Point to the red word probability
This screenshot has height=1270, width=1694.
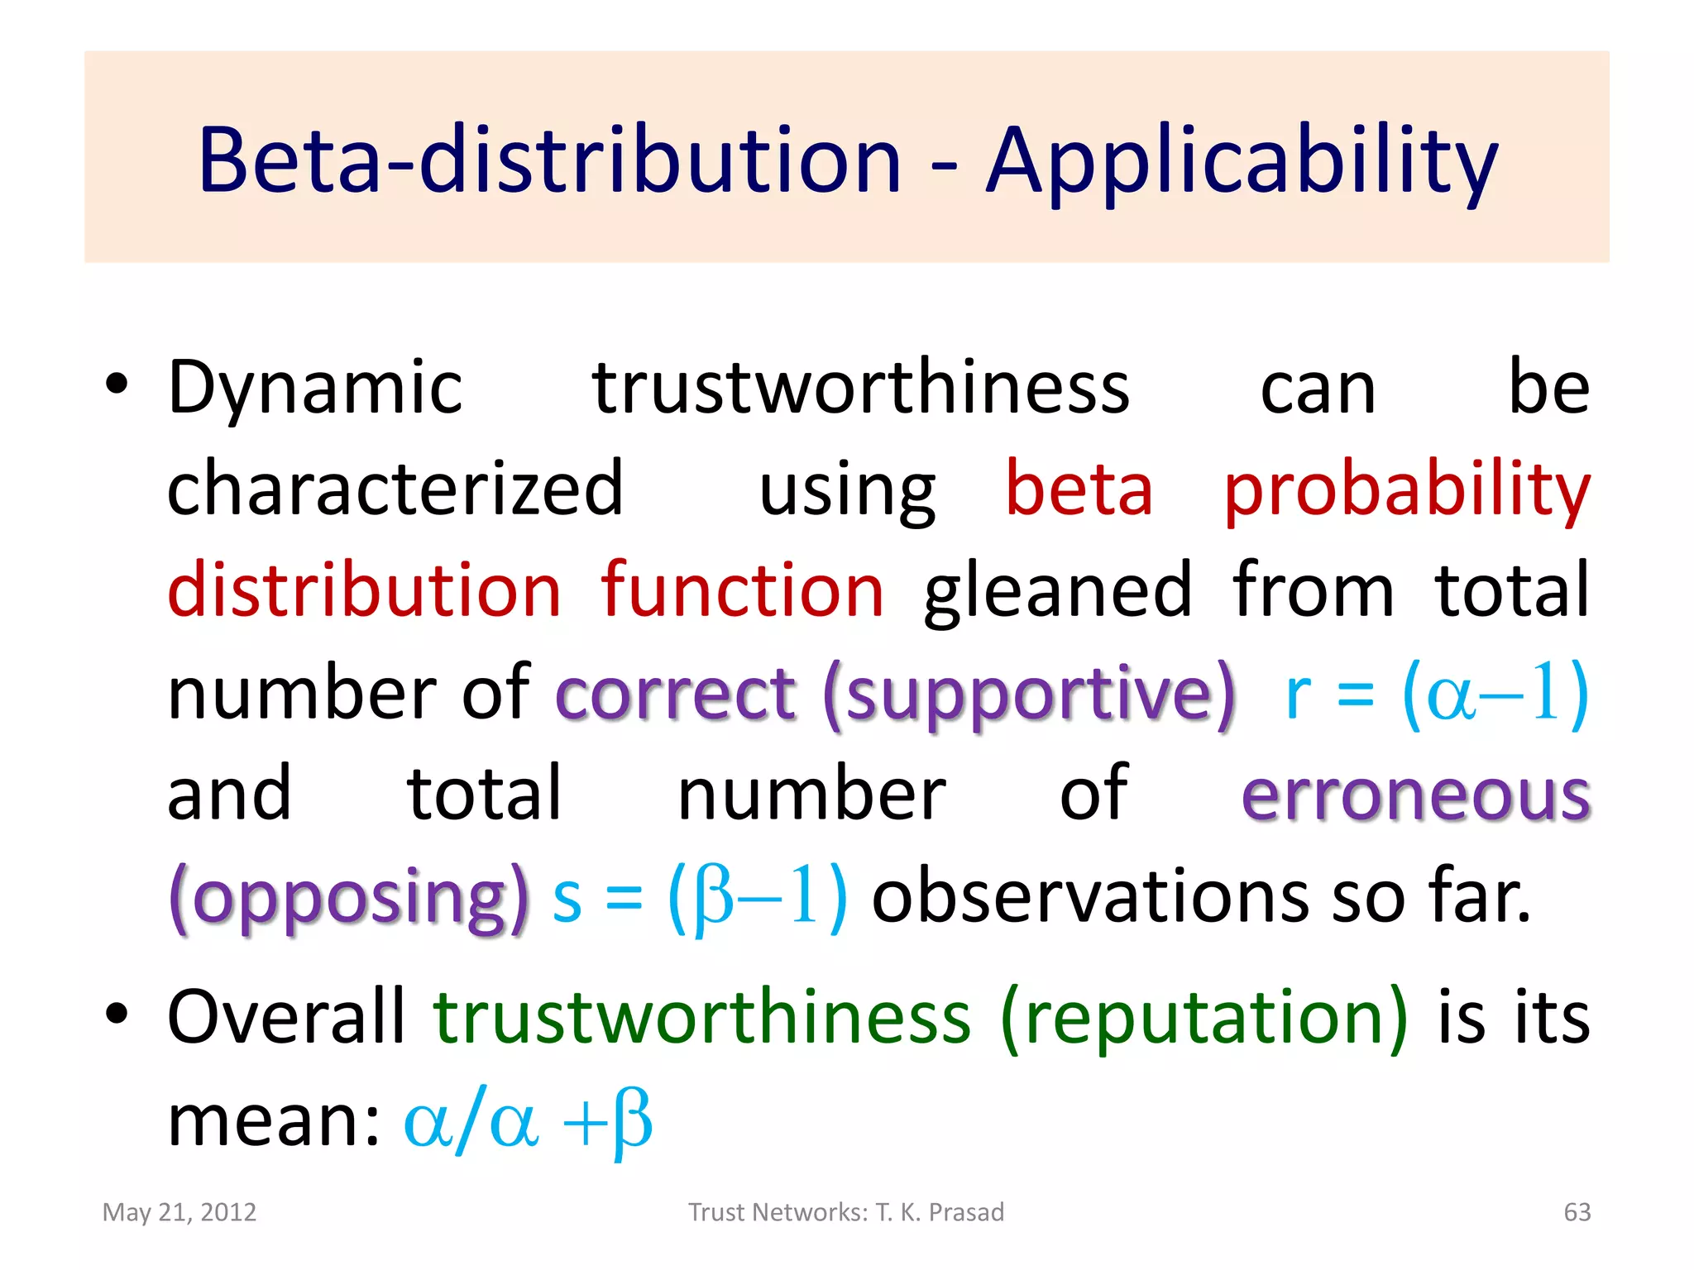(1407, 489)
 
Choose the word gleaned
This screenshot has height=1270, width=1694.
(1058, 591)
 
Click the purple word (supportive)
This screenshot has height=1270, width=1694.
(1029, 694)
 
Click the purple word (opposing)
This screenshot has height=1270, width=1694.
(348, 897)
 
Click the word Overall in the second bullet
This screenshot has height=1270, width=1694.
(286, 1016)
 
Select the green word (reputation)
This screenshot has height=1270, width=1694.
(1204, 1018)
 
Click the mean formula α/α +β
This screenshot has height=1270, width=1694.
(528, 1121)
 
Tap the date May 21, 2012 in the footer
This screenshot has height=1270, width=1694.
(179, 1212)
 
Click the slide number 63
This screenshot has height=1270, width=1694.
(1577, 1212)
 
